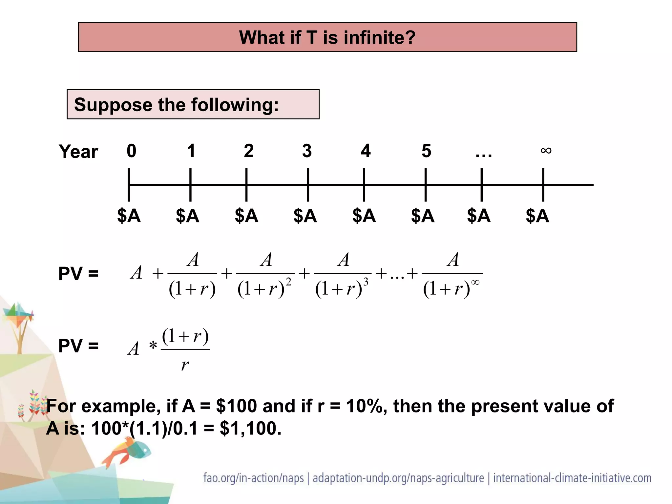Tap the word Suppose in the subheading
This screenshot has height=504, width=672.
coord(113,105)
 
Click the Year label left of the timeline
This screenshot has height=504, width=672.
coord(78,152)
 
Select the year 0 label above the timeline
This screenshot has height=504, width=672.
coord(131,151)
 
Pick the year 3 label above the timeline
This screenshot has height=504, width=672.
coord(307,151)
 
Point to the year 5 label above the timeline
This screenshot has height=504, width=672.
coord(426,151)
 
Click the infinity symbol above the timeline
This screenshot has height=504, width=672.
coord(546,151)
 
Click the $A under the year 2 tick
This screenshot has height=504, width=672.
coord(246,216)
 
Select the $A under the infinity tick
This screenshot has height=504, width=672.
coord(537,216)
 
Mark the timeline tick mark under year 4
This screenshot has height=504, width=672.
coord(364,185)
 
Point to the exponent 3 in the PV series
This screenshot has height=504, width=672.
coord(366,282)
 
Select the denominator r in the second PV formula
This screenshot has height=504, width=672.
coord(185,365)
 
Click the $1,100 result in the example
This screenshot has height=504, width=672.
coord(250,429)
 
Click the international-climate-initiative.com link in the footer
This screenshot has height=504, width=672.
coord(572,478)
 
